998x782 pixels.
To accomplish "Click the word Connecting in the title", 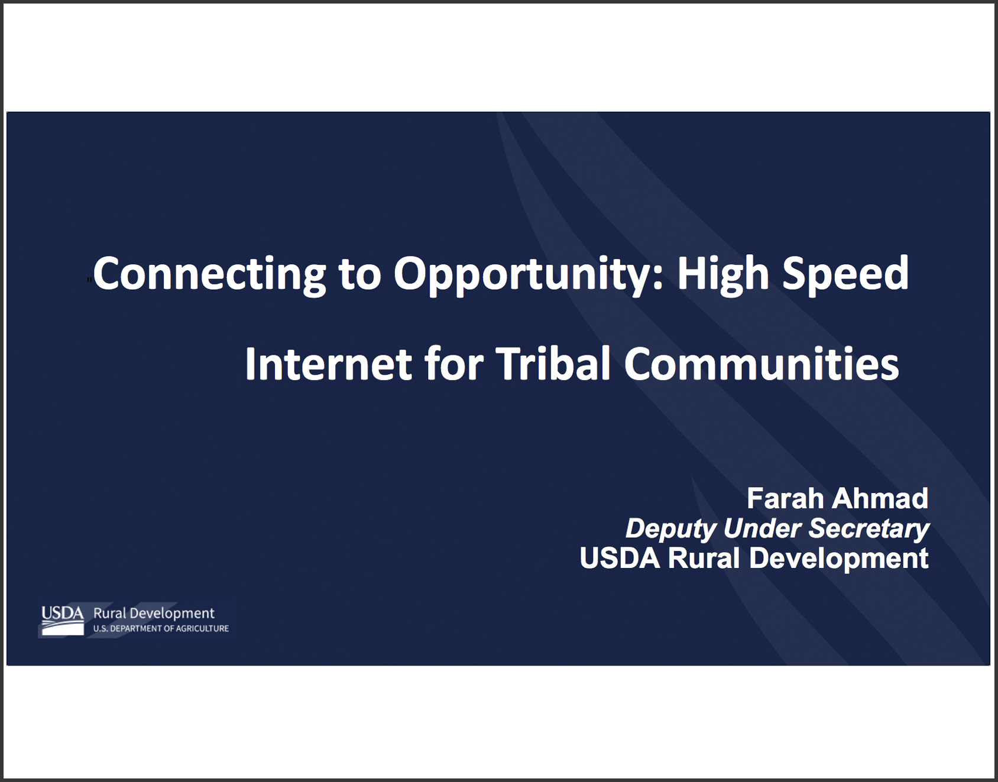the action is [x=209, y=274].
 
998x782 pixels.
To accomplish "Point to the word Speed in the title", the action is [x=845, y=274].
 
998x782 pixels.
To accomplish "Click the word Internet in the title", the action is [x=328, y=364].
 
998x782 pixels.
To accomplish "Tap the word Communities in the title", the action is [x=762, y=364].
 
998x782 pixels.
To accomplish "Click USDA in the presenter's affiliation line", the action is [x=620, y=559].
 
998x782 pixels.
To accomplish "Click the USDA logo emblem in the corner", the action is [x=62, y=621].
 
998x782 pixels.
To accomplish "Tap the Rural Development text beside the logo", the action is [x=154, y=614].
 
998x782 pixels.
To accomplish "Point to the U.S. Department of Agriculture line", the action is [x=161, y=628].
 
